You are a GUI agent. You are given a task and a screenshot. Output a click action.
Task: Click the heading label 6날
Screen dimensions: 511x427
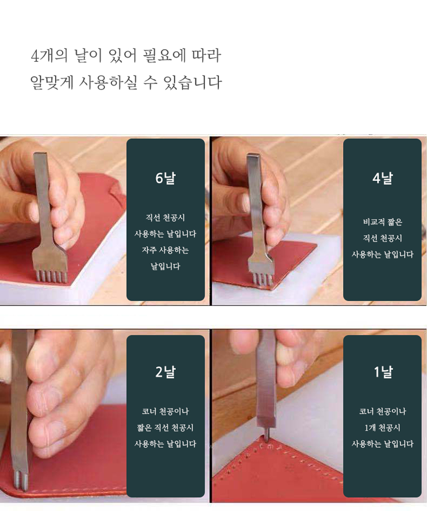click(x=165, y=178)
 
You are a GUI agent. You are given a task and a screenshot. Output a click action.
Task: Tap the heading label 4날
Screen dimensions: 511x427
click(x=382, y=178)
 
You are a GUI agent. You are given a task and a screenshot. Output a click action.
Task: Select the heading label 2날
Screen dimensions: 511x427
click(x=165, y=371)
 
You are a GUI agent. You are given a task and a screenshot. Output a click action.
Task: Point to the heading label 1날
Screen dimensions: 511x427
click(x=382, y=371)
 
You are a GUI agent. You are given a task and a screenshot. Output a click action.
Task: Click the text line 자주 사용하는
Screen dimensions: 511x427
click(x=165, y=250)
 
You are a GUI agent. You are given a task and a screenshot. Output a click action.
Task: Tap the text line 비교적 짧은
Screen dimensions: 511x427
click(x=382, y=222)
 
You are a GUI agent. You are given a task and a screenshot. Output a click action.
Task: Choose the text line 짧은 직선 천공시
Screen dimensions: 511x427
click(x=165, y=427)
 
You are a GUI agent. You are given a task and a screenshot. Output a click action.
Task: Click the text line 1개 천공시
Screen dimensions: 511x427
click(x=382, y=427)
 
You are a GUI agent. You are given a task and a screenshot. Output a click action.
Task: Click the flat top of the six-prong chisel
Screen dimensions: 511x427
click(x=40, y=155)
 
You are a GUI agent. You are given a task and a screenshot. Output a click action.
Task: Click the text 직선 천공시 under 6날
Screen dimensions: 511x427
click(x=165, y=218)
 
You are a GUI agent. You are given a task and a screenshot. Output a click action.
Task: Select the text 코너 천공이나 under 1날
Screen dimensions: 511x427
click(x=382, y=412)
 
